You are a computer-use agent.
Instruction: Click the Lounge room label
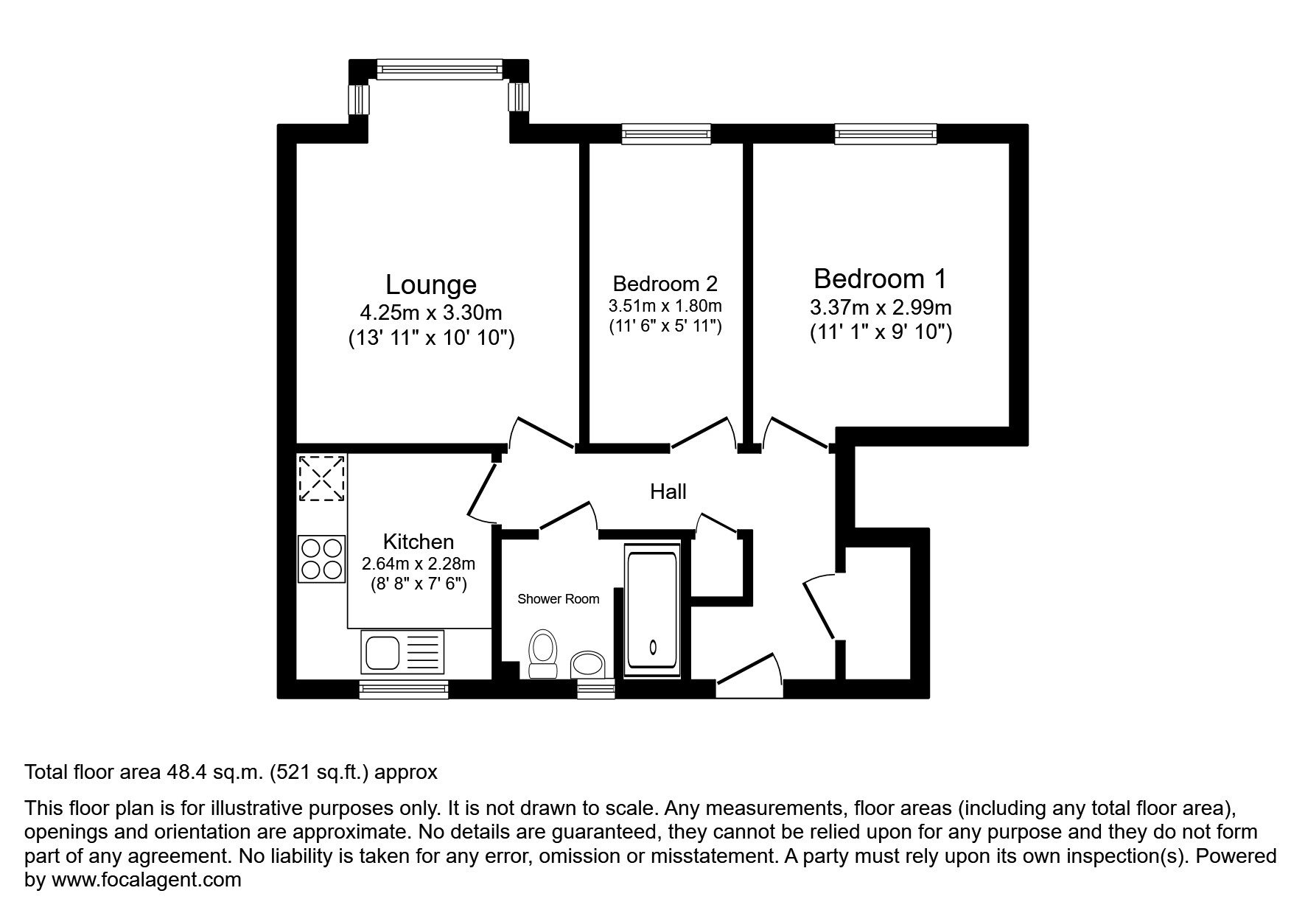431,284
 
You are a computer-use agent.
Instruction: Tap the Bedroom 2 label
665,284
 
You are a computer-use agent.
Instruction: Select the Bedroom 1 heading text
880,279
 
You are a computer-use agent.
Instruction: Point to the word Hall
668,492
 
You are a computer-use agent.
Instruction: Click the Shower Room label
558,599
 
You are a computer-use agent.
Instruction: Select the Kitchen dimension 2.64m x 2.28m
418,564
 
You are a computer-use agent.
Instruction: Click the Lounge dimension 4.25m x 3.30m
431,313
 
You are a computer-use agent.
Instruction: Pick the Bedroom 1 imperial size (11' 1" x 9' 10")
881,332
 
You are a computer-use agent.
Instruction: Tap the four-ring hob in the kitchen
322,559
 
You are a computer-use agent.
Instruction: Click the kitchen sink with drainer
403,652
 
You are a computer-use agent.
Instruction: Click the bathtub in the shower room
652,612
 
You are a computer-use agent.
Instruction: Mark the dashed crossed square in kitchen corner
321,478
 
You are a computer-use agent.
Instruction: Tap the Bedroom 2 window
665,133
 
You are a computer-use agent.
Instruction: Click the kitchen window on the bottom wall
403,689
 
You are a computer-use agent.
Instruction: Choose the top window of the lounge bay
439,69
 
